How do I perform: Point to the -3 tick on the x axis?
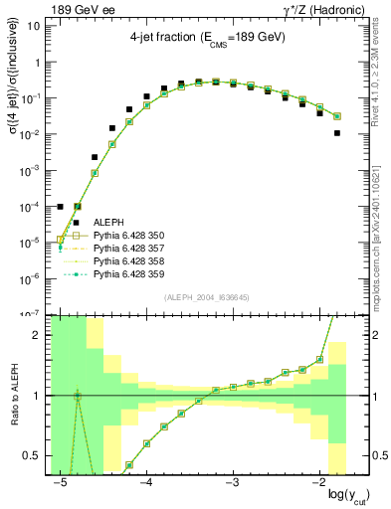pos(232,484)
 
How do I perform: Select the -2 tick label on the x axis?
pos(317,484)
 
